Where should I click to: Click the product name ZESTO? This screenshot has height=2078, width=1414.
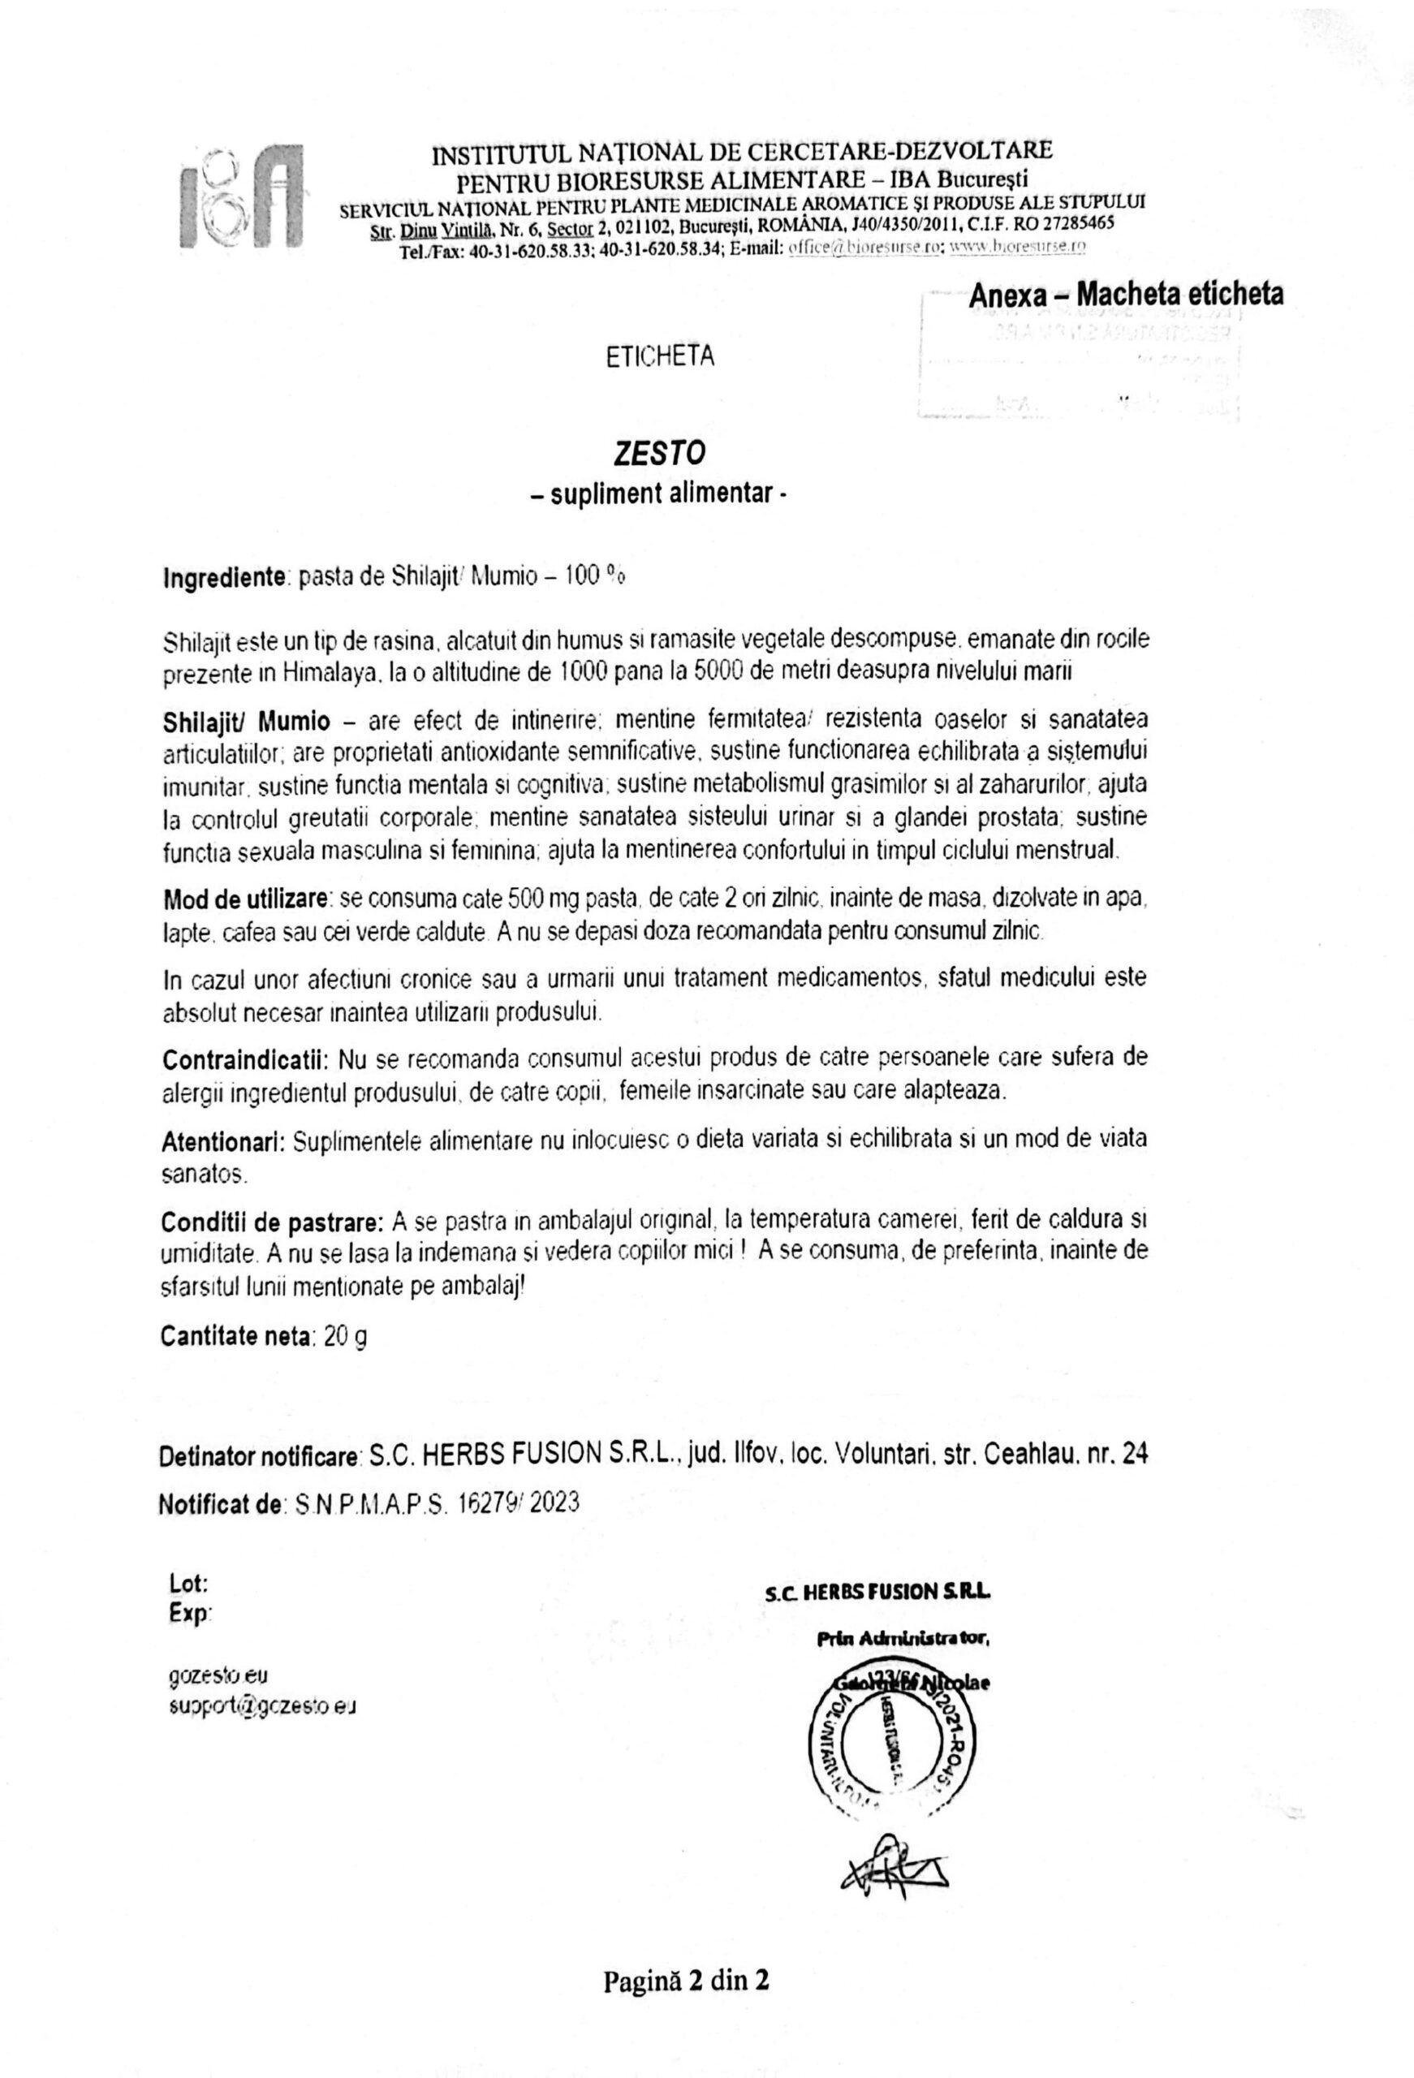[658, 453]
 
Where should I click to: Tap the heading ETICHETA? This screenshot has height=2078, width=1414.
[659, 357]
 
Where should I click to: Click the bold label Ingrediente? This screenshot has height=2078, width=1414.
[222, 578]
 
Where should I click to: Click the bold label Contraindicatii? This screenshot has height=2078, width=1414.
[245, 1059]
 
